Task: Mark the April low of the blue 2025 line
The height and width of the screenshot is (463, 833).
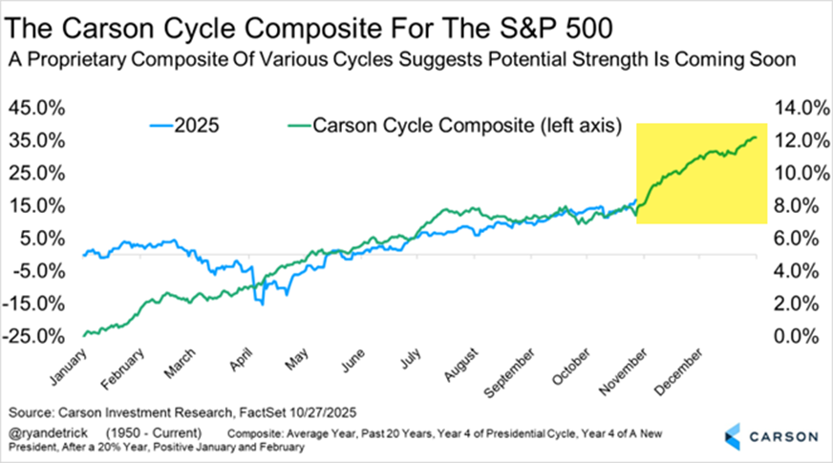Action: point(258,303)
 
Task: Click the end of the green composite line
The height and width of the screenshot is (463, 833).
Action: point(756,137)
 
